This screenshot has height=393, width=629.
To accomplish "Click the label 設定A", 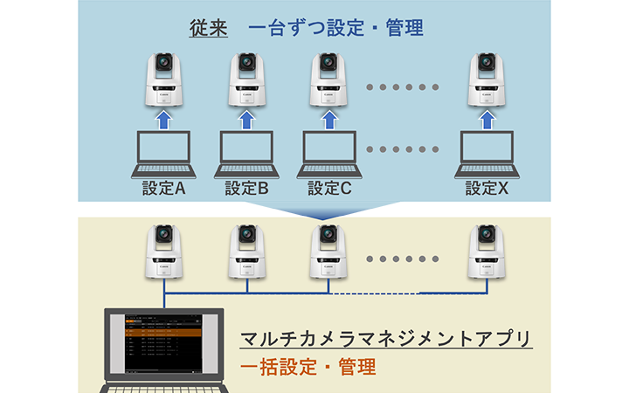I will [x=161, y=187].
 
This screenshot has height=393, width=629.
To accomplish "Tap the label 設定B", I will [x=246, y=187].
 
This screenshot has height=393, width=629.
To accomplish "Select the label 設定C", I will [x=329, y=187].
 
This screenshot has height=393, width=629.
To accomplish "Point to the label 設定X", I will [x=487, y=187].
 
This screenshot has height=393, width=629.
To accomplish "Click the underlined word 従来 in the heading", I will [x=209, y=27].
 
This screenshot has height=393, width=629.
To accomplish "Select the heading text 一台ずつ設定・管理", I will [x=335, y=27].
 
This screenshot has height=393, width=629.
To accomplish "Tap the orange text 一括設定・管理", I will [x=307, y=367].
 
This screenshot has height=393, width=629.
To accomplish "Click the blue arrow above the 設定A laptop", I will [x=161, y=116].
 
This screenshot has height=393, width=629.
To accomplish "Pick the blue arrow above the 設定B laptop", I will [x=246, y=116].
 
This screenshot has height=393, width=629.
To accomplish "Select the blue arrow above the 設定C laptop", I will [x=329, y=116].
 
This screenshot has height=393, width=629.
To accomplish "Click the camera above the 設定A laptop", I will [x=162, y=78].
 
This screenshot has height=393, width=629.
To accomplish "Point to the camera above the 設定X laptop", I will [x=486, y=78].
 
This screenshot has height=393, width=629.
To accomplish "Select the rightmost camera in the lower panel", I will [x=486, y=250].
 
